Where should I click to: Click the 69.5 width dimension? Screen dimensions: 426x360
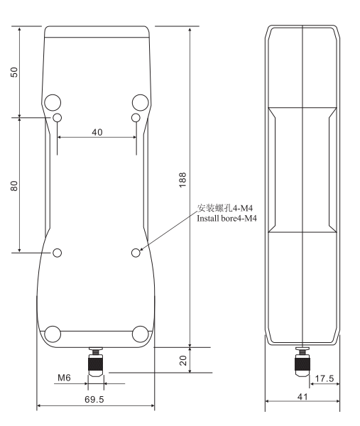coord(94,400)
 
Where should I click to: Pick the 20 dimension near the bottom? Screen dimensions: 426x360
coord(182,360)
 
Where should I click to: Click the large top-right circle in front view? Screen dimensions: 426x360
coord(140,101)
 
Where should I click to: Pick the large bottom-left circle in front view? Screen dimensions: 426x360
coord(53,334)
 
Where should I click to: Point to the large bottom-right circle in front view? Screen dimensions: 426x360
coord(140,334)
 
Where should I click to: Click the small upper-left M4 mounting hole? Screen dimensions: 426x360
coord(58,117)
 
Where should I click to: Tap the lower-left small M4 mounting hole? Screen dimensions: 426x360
coord(58,252)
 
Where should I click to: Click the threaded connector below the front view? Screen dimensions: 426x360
coord(94,362)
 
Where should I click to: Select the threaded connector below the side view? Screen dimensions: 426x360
coord(302,362)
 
